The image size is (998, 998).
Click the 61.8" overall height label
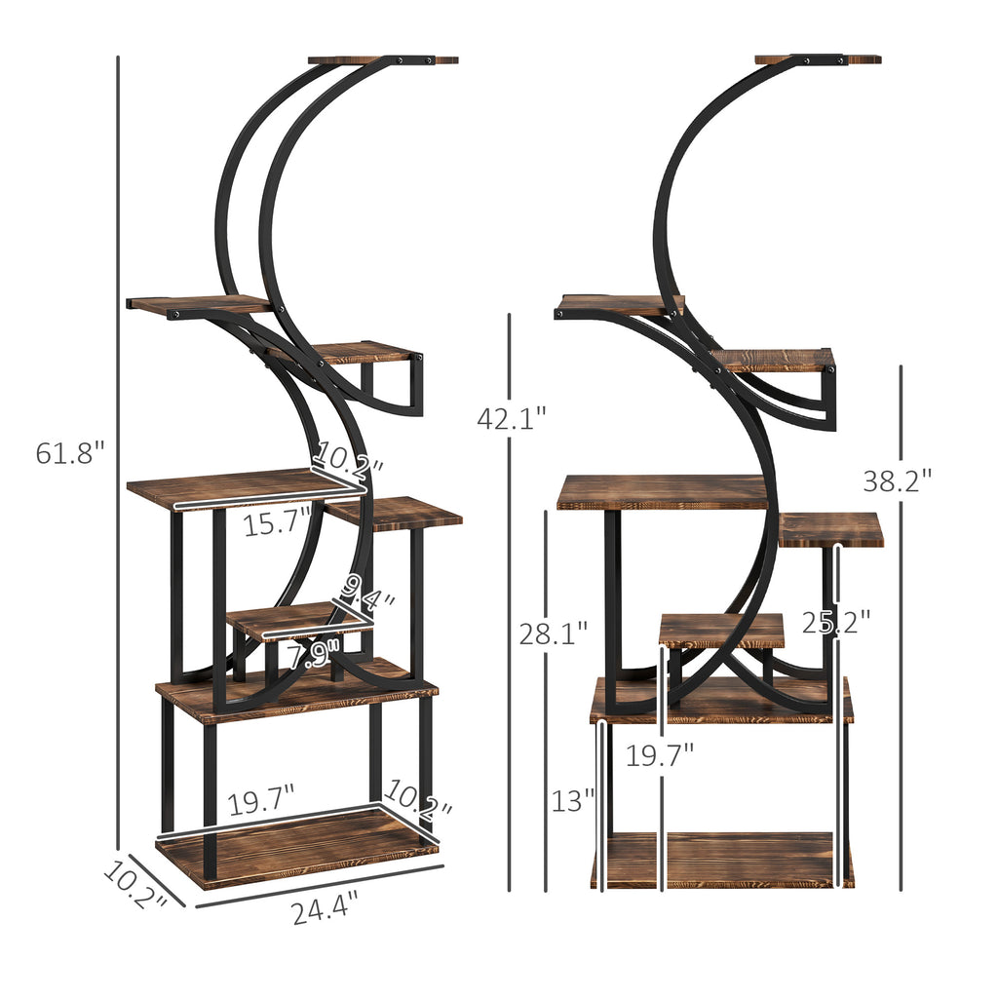click(69, 453)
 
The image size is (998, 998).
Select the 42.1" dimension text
click(512, 418)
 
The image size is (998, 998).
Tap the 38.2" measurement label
click(897, 480)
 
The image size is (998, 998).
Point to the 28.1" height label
click(553, 633)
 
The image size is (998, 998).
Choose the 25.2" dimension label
click(836, 621)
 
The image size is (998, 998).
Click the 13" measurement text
click(572, 801)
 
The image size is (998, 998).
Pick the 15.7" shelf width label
click(277, 524)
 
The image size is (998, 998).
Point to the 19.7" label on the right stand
click(660, 754)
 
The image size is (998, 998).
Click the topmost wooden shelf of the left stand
click(383, 59)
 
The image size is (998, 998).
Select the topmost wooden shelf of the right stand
click(818, 58)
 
